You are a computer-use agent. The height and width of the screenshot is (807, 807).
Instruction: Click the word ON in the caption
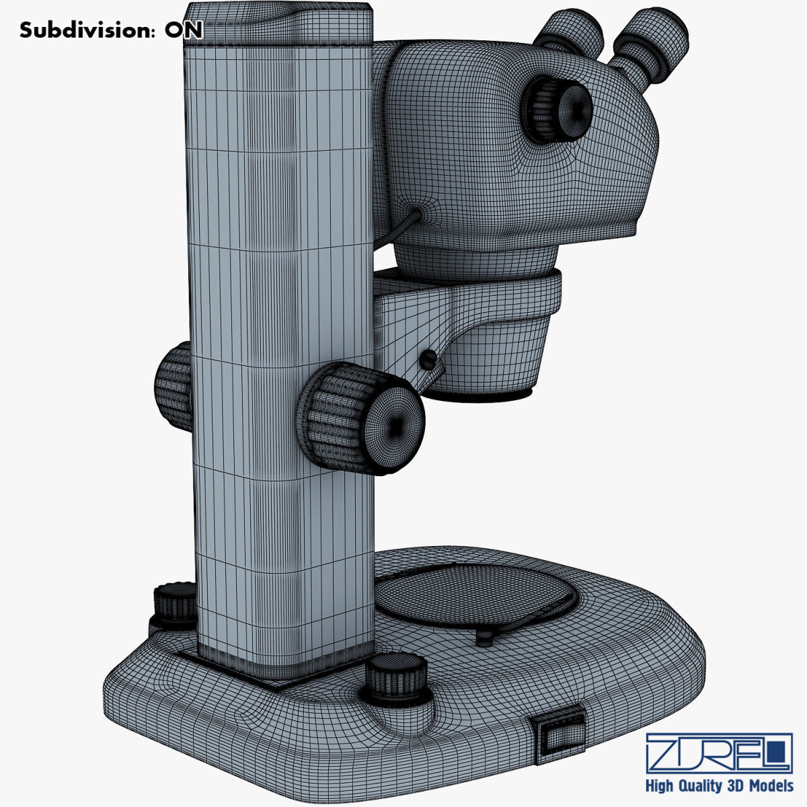(x=184, y=30)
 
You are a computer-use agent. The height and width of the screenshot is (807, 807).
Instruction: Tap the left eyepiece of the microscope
(x=569, y=34)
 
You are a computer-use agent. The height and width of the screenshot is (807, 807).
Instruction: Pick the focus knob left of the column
(x=174, y=386)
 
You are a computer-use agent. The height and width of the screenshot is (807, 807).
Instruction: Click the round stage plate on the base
(x=474, y=597)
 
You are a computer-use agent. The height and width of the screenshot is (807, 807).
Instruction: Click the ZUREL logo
(x=718, y=753)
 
